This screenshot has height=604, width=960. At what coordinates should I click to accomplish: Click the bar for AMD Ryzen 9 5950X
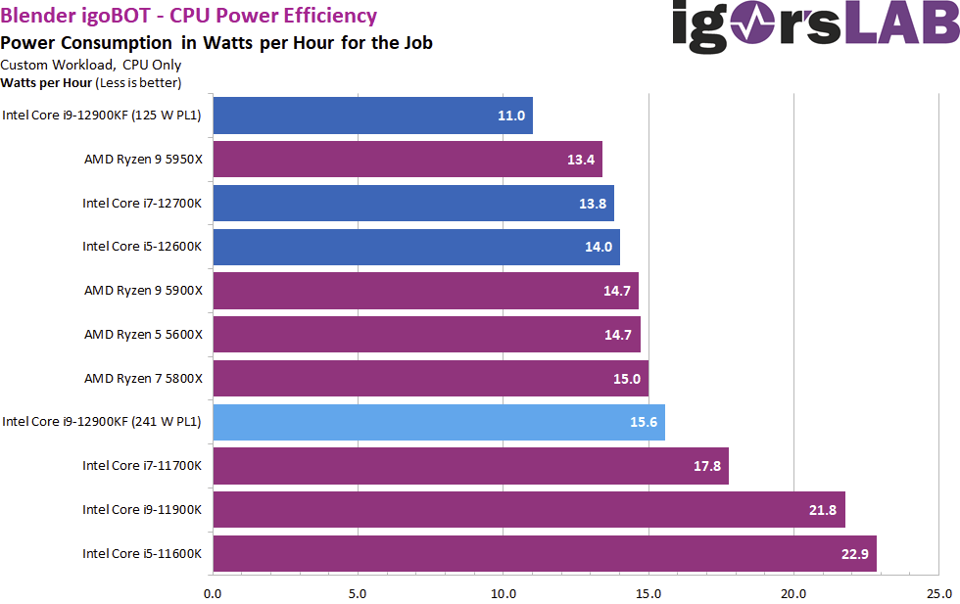point(407,160)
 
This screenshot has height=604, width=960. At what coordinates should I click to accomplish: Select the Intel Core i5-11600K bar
point(544,553)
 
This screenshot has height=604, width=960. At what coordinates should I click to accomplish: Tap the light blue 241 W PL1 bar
point(438,422)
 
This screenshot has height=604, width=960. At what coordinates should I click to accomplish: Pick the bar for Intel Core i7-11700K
point(470,466)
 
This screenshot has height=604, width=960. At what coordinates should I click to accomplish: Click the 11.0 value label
point(511,116)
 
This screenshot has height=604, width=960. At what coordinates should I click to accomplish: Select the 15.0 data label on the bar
point(625,379)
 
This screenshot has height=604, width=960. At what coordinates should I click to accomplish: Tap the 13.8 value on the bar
point(591,204)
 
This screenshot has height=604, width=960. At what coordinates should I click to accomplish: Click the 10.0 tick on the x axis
point(504,593)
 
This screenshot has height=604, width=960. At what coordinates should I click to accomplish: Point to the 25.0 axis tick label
point(938,593)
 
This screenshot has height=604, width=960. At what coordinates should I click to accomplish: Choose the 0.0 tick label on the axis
point(213,593)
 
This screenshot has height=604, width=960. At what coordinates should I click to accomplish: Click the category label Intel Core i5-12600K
point(142,247)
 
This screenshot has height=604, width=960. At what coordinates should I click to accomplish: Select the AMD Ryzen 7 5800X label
point(143,379)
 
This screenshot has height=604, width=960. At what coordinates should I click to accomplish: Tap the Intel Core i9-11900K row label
point(142,510)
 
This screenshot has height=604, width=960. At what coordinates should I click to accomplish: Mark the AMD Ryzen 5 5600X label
point(143,335)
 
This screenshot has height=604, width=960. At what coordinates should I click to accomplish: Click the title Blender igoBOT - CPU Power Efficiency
point(189,16)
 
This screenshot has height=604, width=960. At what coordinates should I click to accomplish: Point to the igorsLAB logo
point(815,26)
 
